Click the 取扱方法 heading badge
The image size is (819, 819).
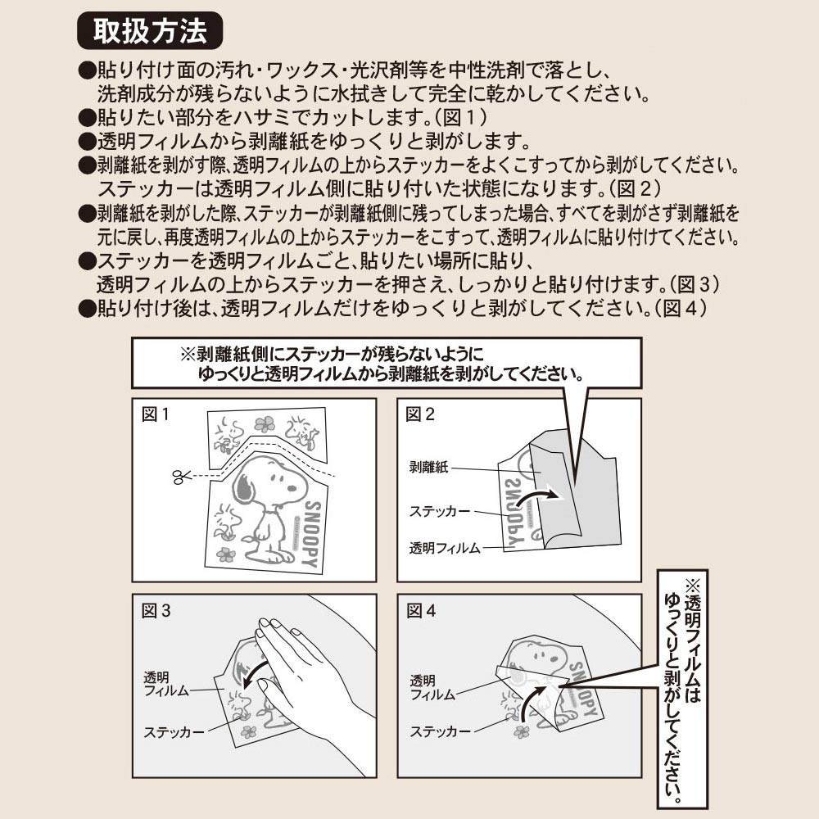(x=150, y=31)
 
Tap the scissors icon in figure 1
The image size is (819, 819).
(x=181, y=476)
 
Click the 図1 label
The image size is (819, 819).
(x=156, y=414)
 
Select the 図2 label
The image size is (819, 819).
(x=420, y=414)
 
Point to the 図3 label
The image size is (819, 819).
(x=156, y=611)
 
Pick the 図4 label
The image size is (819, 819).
(x=421, y=611)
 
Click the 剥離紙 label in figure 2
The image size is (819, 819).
(x=429, y=467)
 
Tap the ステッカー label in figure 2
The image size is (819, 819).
(x=440, y=511)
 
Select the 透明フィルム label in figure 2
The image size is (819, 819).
(x=445, y=548)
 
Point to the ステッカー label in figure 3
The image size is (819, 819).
(x=174, y=732)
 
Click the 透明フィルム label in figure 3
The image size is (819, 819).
(x=166, y=684)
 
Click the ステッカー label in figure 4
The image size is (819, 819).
(x=440, y=731)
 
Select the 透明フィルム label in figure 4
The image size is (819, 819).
(x=432, y=687)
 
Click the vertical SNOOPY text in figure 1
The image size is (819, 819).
(x=312, y=534)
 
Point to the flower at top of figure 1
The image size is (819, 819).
(x=265, y=423)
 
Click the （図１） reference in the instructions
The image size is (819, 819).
(x=461, y=117)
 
